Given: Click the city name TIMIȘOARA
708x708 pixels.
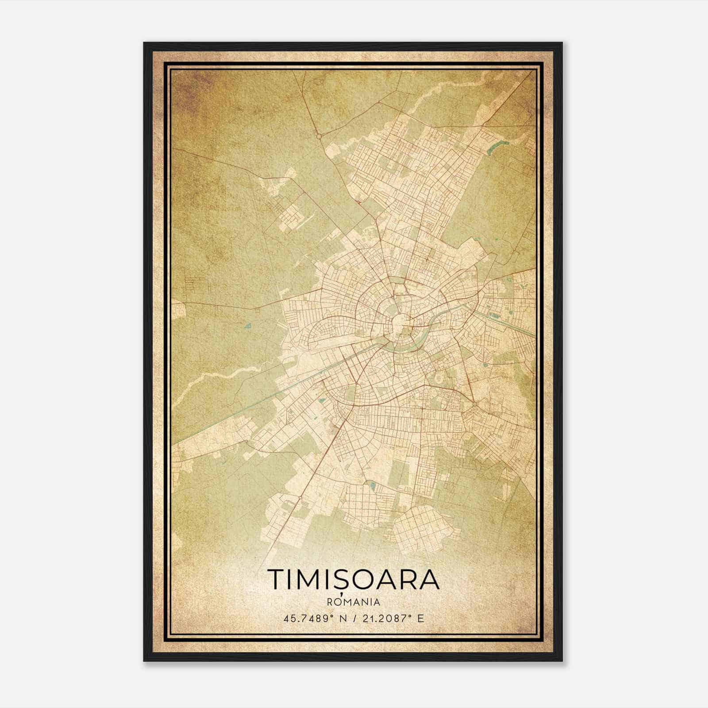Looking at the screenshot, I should [353, 579].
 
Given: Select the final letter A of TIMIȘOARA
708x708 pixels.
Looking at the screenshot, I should [430, 579].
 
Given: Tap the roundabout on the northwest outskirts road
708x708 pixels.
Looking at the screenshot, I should [319, 136].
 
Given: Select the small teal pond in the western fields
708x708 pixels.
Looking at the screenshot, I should [247, 327].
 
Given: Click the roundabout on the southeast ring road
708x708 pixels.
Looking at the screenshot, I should [474, 403].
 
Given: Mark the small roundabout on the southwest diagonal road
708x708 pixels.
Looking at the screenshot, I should [300, 498].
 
